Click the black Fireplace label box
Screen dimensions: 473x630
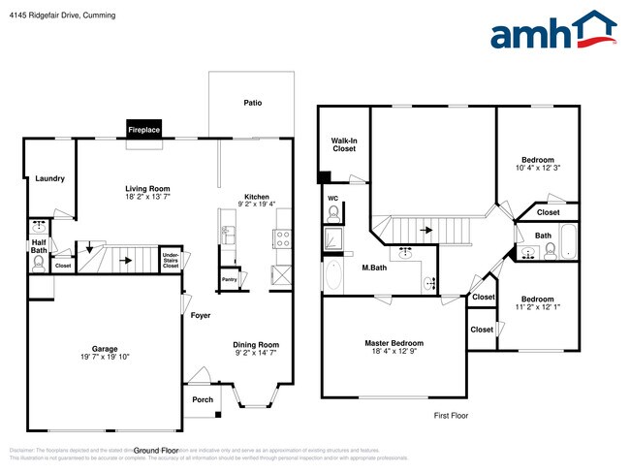click(x=143, y=129)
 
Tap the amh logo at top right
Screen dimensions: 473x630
click(x=552, y=31)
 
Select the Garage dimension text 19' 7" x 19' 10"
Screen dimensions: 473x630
click(x=104, y=357)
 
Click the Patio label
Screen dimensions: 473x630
click(x=252, y=103)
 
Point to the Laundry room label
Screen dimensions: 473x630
click(x=48, y=179)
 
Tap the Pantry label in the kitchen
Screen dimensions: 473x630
click(x=230, y=279)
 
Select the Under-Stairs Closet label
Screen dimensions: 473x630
click(x=171, y=259)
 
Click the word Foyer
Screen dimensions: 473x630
click(x=201, y=316)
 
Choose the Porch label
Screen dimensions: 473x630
click(x=202, y=399)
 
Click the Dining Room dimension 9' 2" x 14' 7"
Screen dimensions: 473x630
click(x=256, y=354)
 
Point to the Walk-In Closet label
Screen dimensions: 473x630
click(x=344, y=145)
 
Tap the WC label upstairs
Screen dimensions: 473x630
click(x=332, y=199)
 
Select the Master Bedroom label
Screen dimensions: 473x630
click(x=394, y=343)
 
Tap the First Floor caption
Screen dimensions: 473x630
click(x=450, y=415)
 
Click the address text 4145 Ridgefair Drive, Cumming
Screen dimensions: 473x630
click(x=60, y=15)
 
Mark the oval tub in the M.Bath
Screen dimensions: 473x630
click(x=332, y=276)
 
